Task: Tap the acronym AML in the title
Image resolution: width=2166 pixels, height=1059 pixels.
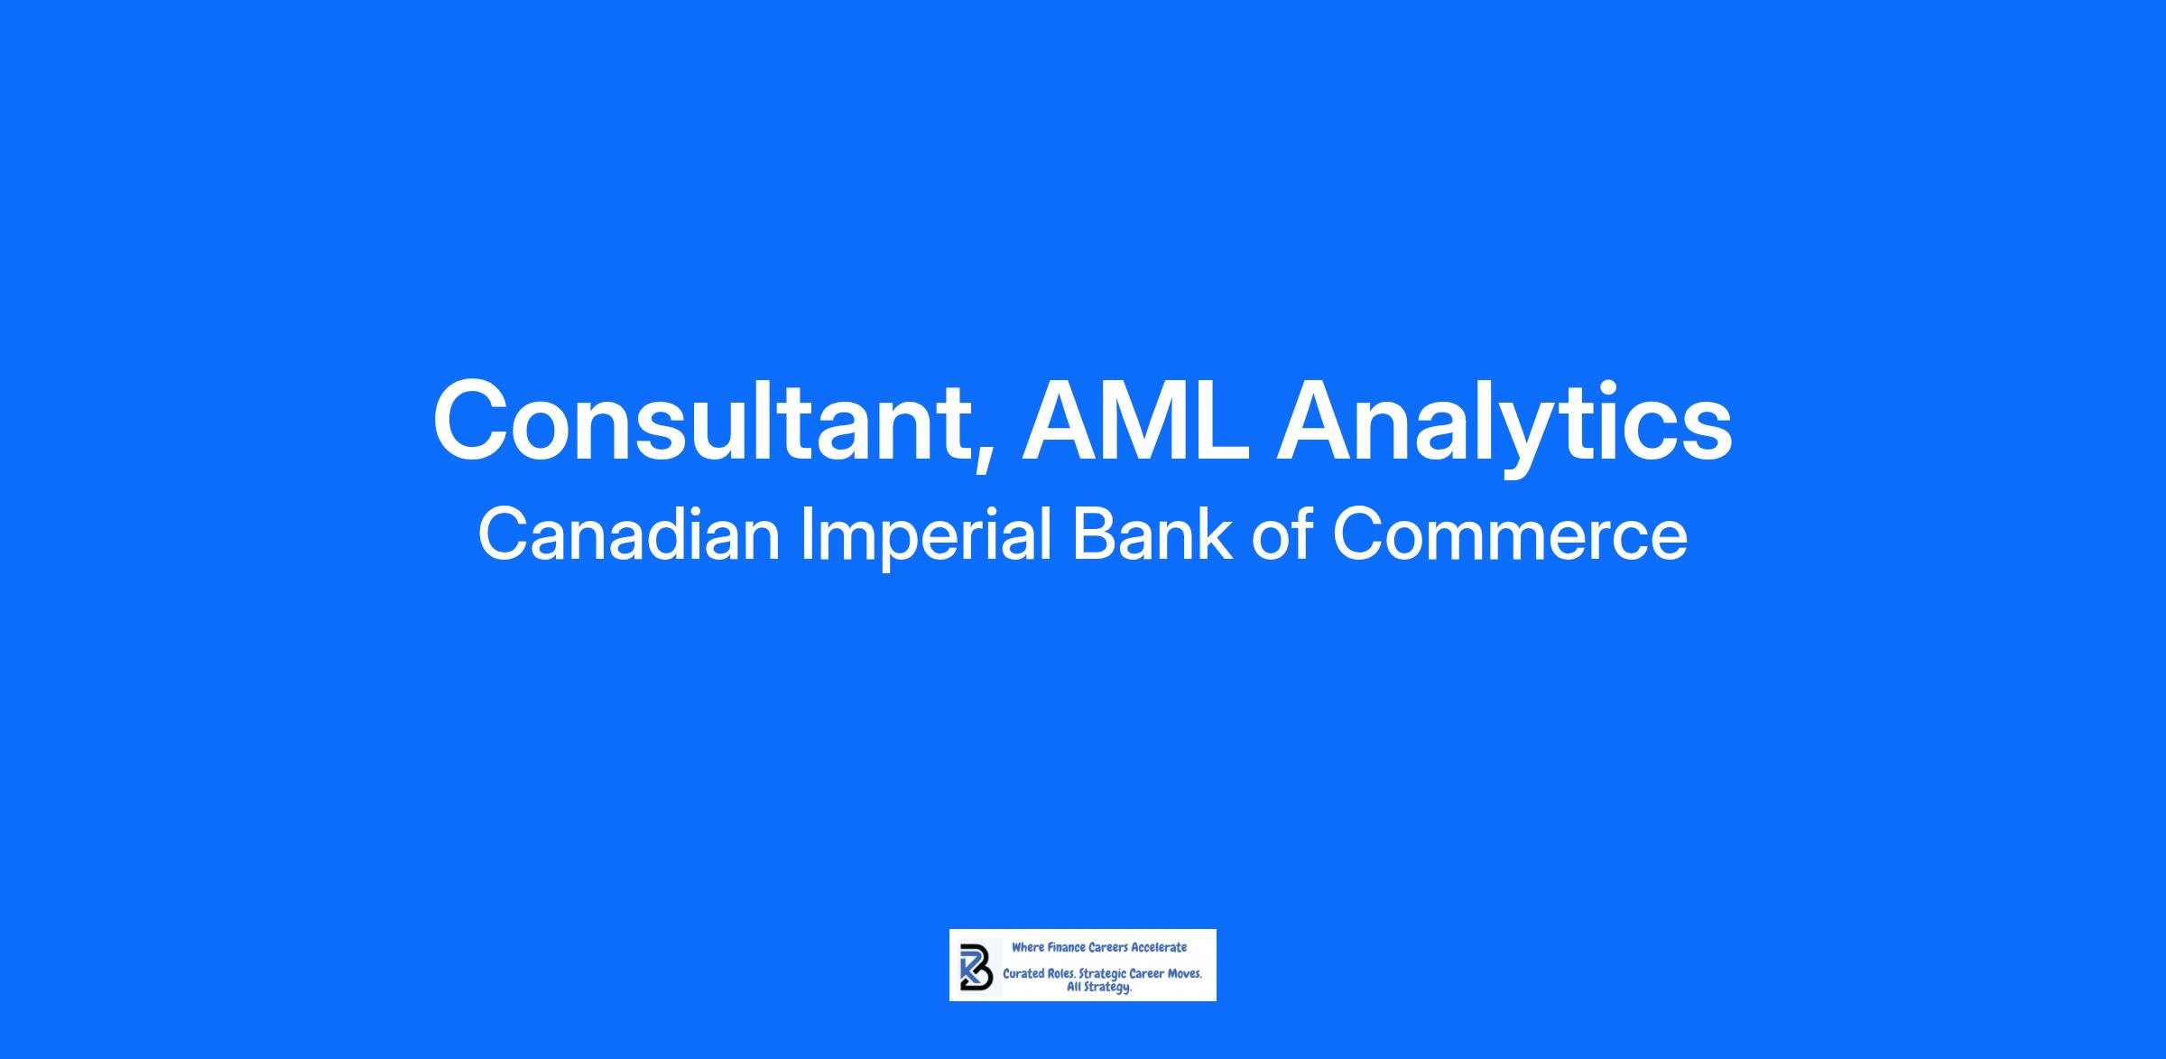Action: pos(1136,421)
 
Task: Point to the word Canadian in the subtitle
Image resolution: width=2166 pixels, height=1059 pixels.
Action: pos(628,534)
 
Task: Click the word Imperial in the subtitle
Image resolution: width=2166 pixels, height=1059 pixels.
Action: pos(927,539)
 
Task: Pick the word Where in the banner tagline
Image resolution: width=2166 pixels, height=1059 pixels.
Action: pos(1027,947)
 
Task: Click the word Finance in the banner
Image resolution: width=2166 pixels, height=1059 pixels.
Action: pos(1066,947)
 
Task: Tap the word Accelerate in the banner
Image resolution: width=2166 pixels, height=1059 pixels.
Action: pos(1160,947)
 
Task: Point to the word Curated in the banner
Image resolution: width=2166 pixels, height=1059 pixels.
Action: pos(1023,975)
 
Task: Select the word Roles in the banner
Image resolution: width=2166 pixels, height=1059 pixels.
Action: pos(1061,975)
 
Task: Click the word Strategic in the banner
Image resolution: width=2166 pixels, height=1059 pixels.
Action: pos(1102,976)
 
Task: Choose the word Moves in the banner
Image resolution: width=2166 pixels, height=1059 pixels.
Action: pos(1184,975)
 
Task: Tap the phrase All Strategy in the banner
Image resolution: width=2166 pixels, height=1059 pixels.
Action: pos(1098,988)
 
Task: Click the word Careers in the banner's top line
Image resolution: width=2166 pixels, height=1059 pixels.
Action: pos(1109,947)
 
